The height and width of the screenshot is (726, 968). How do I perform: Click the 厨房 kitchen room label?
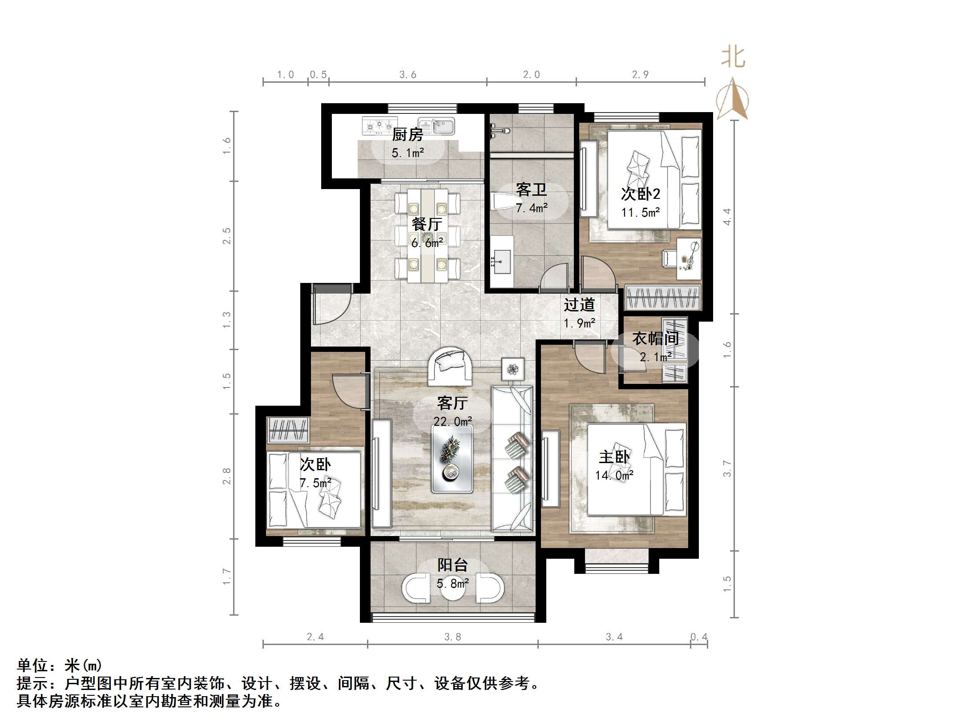click(x=407, y=134)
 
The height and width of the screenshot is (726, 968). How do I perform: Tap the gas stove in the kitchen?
click(x=379, y=126)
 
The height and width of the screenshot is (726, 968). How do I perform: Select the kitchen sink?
click(x=436, y=126)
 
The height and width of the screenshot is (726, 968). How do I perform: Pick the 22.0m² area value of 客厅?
click(x=453, y=421)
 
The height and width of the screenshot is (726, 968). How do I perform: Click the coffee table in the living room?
click(x=452, y=458)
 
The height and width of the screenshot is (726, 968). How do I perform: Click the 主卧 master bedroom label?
click(x=614, y=457)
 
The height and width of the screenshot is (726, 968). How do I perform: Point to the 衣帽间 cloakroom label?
click(x=656, y=339)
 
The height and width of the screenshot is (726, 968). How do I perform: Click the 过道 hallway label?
click(x=579, y=305)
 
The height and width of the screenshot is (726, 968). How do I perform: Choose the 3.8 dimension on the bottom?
click(x=453, y=637)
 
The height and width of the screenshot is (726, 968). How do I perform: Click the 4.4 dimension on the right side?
click(x=727, y=217)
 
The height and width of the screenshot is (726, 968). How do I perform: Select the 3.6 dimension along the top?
click(x=407, y=75)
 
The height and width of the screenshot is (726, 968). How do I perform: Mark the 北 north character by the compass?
click(x=733, y=57)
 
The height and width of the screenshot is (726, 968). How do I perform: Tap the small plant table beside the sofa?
click(x=513, y=369)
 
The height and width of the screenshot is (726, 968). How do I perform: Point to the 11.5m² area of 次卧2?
click(x=641, y=212)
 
